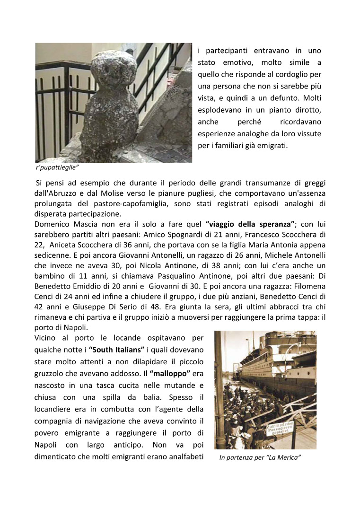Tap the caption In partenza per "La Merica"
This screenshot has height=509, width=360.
click(x=260, y=458)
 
